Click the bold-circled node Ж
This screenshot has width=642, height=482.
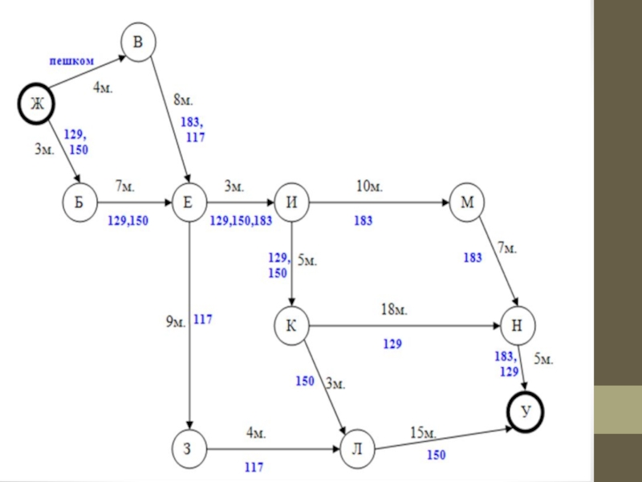tap(36, 104)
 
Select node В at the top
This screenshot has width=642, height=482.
tap(139, 43)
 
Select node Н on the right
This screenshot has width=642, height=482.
tap(518, 326)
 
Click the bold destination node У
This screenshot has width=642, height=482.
tap(526, 412)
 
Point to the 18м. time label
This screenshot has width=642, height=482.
tap(393, 308)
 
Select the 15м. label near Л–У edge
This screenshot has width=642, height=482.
tap(423, 434)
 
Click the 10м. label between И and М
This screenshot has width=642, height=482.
tap(370, 186)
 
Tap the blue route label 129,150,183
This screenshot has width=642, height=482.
tap(241, 219)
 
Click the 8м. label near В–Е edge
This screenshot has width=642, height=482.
tap(184, 101)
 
